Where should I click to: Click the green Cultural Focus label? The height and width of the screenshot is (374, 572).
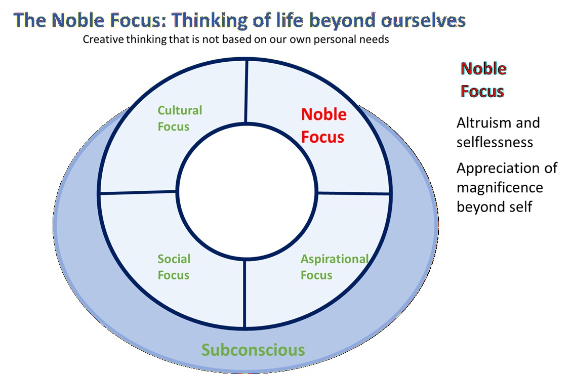(x=180, y=118)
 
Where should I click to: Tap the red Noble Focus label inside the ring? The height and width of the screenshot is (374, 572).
(x=323, y=126)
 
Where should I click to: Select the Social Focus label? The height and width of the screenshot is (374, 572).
(x=174, y=267)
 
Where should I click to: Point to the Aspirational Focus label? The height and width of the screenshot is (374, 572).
(x=334, y=267)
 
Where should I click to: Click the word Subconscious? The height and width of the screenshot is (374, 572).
(x=253, y=350)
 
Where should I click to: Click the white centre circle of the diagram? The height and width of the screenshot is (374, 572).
(x=247, y=193)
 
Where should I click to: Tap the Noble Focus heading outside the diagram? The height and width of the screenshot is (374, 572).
(x=483, y=80)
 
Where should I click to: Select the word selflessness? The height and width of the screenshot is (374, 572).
(x=495, y=142)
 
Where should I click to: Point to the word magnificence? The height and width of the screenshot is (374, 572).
(x=500, y=188)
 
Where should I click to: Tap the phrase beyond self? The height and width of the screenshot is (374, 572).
(x=494, y=207)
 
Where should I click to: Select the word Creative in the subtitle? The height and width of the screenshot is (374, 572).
(x=101, y=39)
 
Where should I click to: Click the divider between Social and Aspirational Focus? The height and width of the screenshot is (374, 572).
(x=245, y=294)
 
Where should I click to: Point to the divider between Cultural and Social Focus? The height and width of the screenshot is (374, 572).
(x=138, y=192)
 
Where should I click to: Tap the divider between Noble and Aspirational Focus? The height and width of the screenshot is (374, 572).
(x=353, y=193)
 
